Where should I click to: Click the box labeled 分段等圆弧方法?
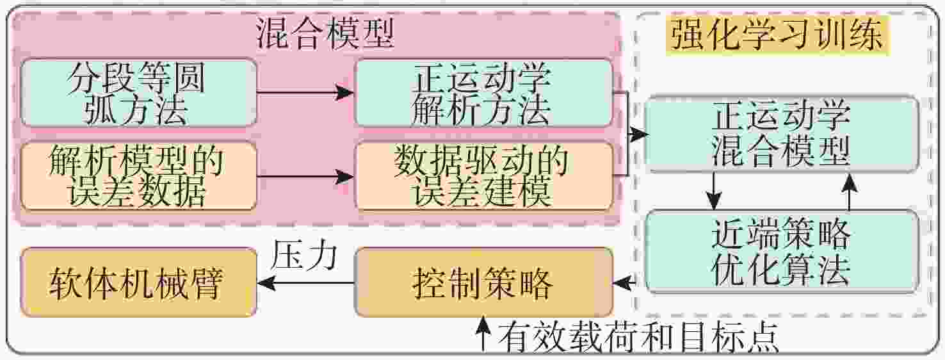[138, 93]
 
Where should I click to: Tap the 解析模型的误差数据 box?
[138, 176]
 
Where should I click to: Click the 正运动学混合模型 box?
[781, 135]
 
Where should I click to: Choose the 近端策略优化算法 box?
[781, 252]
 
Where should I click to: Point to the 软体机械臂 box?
[138, 282]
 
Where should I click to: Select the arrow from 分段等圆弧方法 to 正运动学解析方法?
[305, 93]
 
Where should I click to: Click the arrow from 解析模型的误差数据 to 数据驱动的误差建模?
[305, 176]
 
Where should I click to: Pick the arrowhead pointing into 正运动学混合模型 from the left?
[638, 135]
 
